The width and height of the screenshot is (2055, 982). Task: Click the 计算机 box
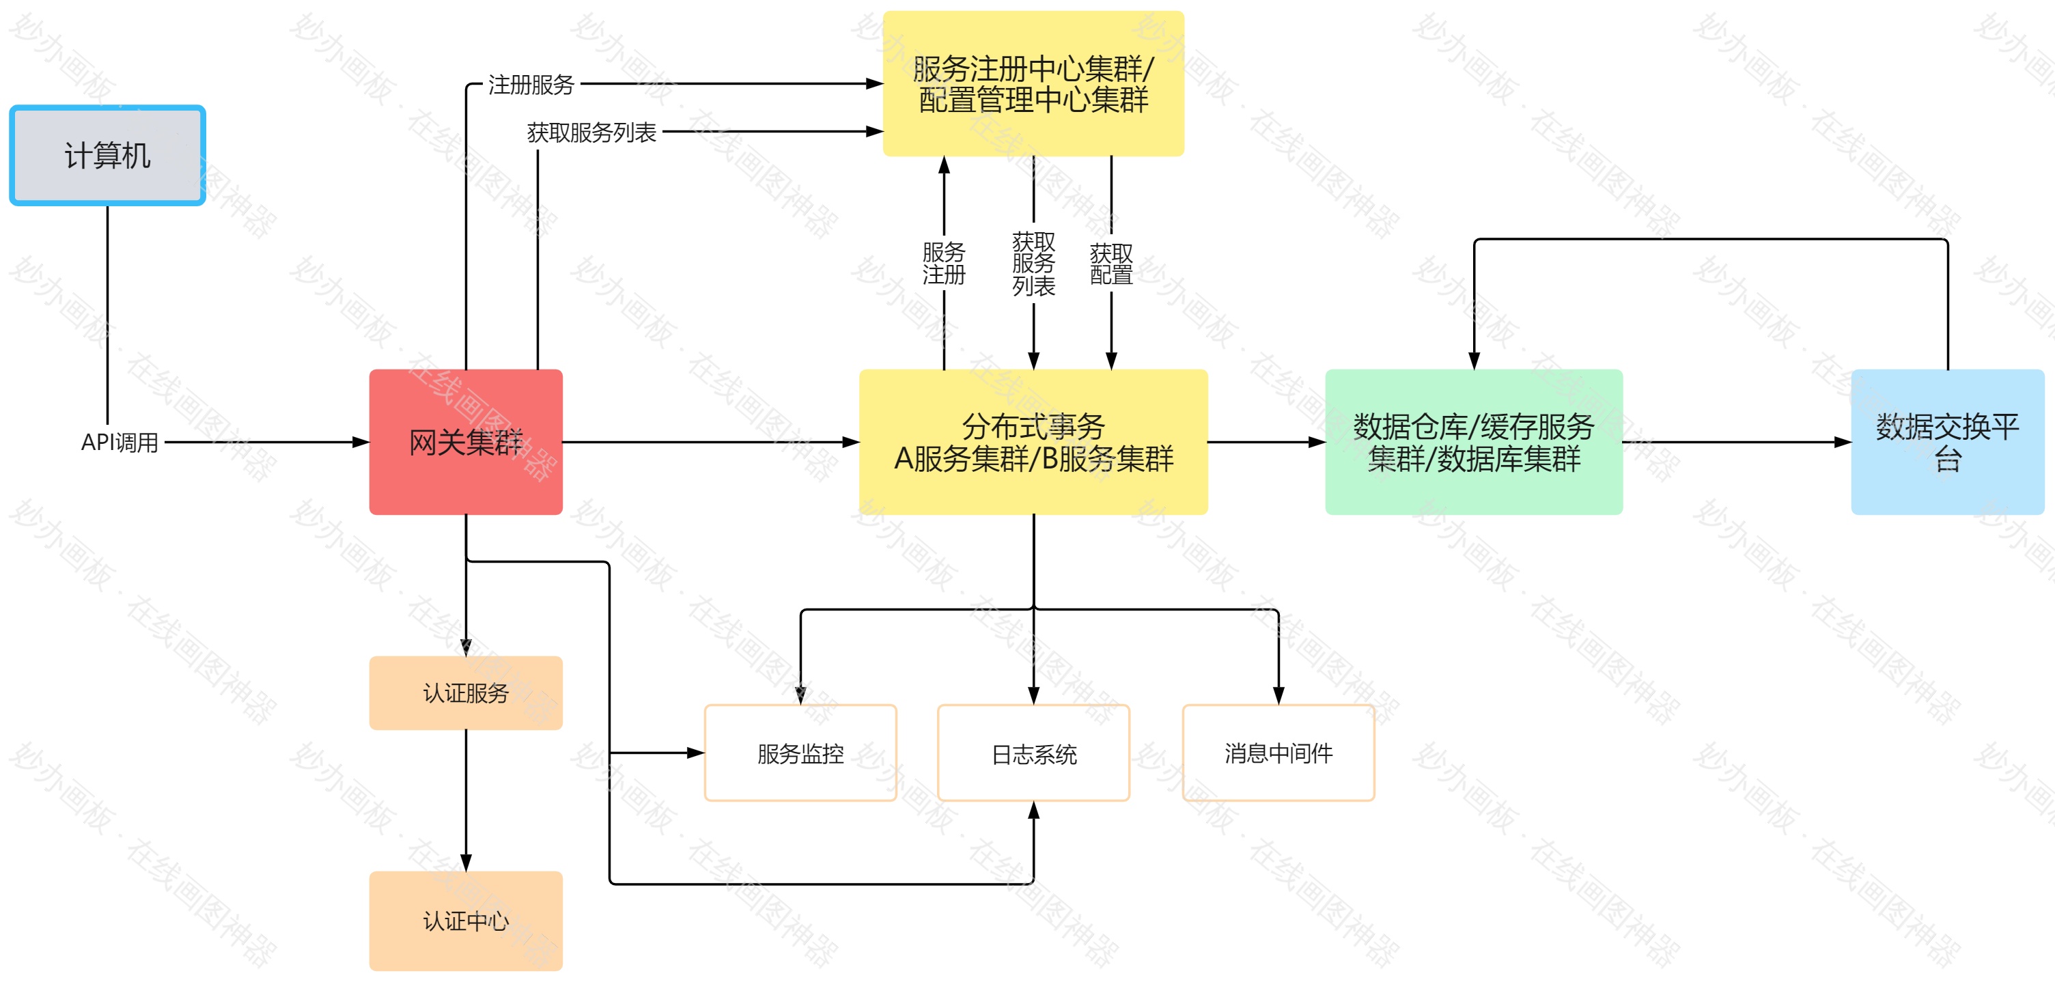[108, 156]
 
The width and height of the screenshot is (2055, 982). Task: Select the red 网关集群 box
[466, 442]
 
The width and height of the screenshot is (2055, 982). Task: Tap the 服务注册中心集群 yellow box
[1033, 84]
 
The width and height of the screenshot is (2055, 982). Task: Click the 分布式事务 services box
[1033, 442]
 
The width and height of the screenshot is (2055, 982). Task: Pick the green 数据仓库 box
[1473, 442]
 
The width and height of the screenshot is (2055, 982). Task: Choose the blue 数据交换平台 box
[1947, 442]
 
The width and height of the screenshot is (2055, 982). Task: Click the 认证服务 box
[466, 692]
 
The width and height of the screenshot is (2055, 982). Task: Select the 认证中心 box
[466, 921]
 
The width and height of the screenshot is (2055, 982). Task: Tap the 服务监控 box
[800, 753]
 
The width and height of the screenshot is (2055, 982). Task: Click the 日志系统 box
[1033, 753]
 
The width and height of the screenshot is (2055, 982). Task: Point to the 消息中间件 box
[1278, 753]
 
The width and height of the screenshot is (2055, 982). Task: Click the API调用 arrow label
[120, 442]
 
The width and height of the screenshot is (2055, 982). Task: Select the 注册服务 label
[531, 84]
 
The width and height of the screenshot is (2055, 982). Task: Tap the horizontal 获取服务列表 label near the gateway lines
[591, 132]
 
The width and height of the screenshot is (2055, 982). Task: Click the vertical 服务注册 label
[944, 263]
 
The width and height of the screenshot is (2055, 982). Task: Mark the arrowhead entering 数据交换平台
[1843, 442]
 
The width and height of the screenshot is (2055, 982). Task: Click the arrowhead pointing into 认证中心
[466, 863]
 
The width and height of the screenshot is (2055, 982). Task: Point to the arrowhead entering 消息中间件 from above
[1278, 696]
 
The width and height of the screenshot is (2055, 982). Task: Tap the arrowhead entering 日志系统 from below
[1033, 811]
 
